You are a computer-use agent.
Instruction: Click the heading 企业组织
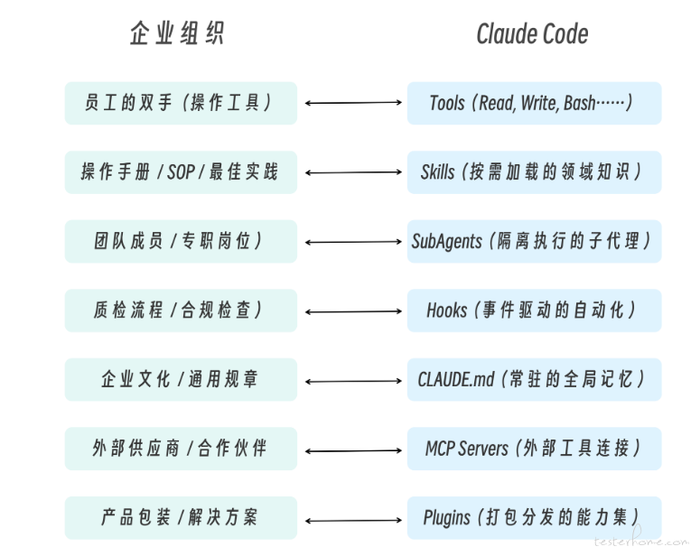176,34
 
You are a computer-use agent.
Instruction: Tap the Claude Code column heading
532,34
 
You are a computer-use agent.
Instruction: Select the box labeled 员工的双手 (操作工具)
181,103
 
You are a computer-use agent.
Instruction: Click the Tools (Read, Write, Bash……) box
534,103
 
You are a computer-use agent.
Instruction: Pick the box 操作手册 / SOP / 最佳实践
181,172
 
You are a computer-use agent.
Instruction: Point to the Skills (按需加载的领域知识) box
534,172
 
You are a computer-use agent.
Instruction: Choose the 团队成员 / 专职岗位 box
181,241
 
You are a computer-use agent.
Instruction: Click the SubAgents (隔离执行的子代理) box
534,241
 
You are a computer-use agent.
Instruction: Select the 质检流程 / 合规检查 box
181,310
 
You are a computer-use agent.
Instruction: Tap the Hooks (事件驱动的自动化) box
534,310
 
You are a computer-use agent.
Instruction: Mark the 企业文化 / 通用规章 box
181,379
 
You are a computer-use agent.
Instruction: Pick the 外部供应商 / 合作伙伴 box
181,449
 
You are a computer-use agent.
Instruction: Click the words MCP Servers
467,449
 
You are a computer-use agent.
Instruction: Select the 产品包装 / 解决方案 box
181,517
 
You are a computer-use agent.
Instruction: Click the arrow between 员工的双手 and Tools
352,103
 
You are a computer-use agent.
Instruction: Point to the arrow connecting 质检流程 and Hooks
352,310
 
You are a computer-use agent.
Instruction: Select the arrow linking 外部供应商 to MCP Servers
352,449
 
